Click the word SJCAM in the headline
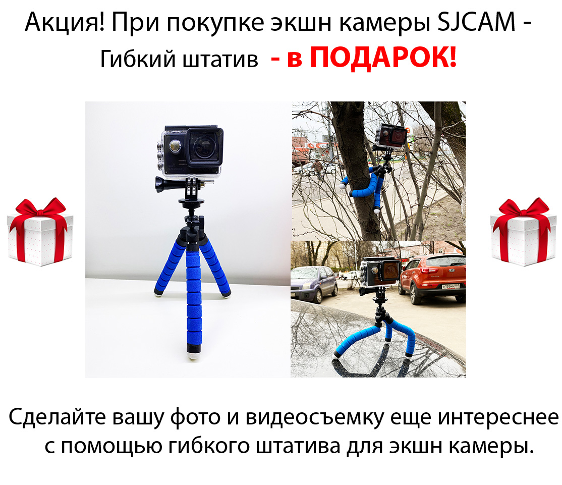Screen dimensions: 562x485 point(476,22)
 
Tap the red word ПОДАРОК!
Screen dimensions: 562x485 point(383,58)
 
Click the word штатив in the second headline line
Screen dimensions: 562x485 point(220,60)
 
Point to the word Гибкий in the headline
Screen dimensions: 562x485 point(138,59)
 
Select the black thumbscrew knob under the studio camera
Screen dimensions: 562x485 point(163,184)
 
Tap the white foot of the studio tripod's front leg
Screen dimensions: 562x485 point(194,356)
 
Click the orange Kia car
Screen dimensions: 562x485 point(432,277)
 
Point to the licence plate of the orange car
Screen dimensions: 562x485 point(451,287)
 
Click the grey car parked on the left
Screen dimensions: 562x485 point(313,284)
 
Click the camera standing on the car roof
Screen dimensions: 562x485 point(380,273)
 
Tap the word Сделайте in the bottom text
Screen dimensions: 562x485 point(58,417)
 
